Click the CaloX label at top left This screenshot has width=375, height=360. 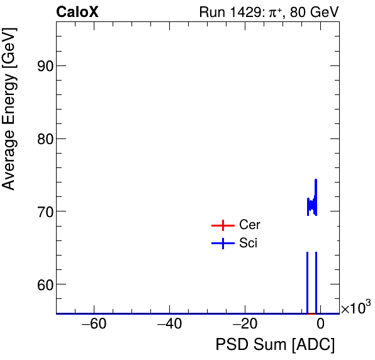coord(77,12)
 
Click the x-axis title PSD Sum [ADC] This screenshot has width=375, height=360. coord(275,345)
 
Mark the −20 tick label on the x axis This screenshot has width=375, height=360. coord(245,325)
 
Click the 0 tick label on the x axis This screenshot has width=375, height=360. coord(320,325)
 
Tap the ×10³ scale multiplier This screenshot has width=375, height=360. coord(355,308)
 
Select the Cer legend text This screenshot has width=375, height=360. coord(250,225)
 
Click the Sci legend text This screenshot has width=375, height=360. coord(249,244)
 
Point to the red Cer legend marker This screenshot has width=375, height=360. coord(222,225)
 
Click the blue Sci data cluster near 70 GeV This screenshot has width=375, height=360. coord(312,205)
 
